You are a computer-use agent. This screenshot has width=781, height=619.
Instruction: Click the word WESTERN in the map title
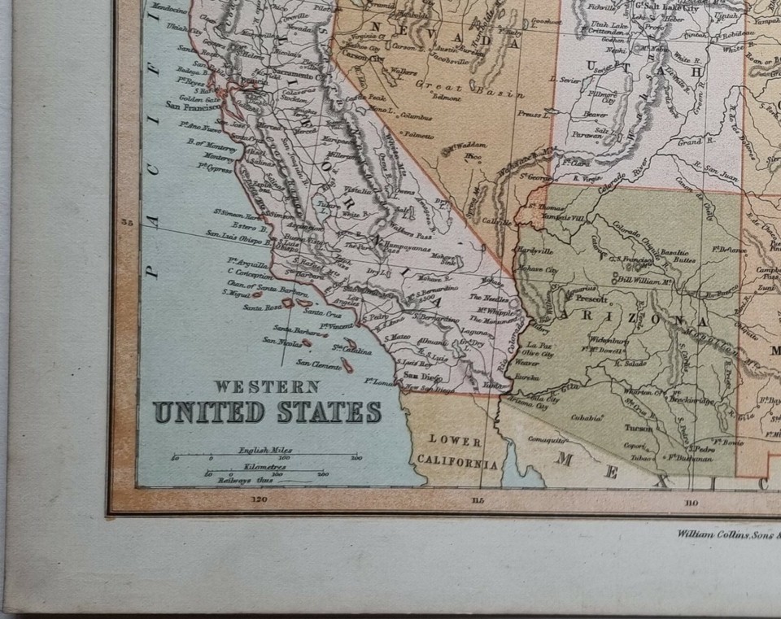coord(266,386)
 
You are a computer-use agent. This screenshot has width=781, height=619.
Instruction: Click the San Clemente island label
coord(316,363)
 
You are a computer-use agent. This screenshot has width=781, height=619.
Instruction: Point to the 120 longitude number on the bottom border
coord(260,499)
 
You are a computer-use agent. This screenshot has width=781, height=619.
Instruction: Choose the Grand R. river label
coord(689,142)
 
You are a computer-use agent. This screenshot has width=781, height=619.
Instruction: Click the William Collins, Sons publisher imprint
coord(726,534)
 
